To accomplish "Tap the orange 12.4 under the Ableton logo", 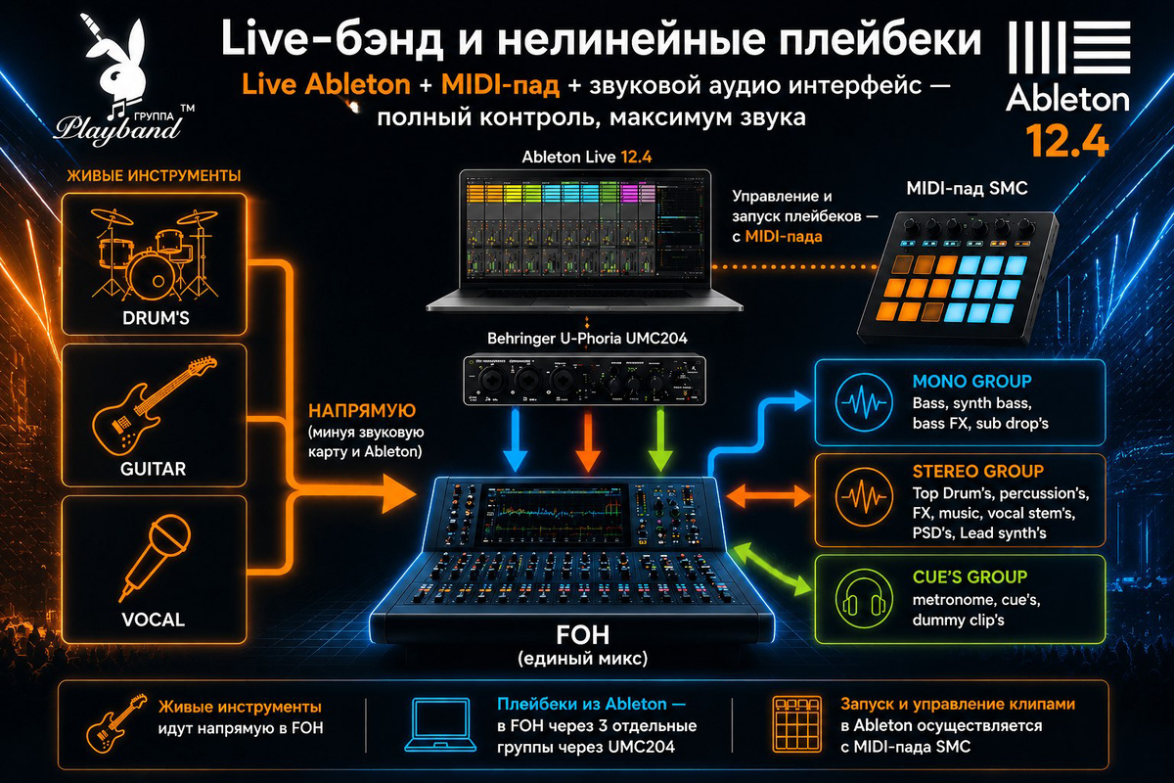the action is pyautogui.click(x=1067, y=141).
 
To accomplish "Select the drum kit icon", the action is pyautogui.click(x=155, y=254).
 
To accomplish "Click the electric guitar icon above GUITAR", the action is pyautogui.click(x=155, y=405).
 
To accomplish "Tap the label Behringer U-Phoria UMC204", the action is pyautogui.click(x=587, y=339).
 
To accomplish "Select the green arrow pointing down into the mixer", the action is pyautogui.click(x=659, y=440).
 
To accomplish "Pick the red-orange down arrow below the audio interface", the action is pyautogui.click(x=588, y=440).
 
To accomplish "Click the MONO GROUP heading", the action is pyautogui.click(x=971, y=382).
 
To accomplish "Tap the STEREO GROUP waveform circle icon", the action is pyautogui.click(x=864, y=496).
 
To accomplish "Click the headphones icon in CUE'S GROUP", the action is pyautogui.click(x=864, y=598).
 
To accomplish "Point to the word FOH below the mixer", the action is pyautogui.click(x=582, y=635).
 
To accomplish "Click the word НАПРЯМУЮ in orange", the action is pyautogui.click(x=362, y=410).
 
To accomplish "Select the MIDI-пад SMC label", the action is pyautogui.click(x=967, y=188).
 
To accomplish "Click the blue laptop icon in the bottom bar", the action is pyautogui.click(x=440, y=725).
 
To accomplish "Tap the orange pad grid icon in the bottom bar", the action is pyautogui.click(x=796, y=723).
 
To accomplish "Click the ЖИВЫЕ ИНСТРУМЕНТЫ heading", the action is pyautogui.click(x=154, y=176).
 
